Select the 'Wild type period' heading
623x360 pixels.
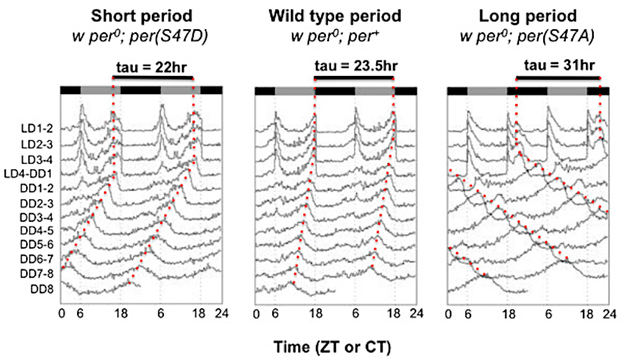(x=336, y=15)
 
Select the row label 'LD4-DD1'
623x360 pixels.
(x=31, y=173)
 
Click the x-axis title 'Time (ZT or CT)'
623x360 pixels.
(x=335, y=344)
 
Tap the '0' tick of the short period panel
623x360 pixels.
(x=61, y=313)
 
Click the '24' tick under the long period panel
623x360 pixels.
(x=609, y=313)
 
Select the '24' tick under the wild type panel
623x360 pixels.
(x=416, y=313)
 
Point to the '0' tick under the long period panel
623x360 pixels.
(x=449, y=313)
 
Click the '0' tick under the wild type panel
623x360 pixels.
(x=257, y=313)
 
